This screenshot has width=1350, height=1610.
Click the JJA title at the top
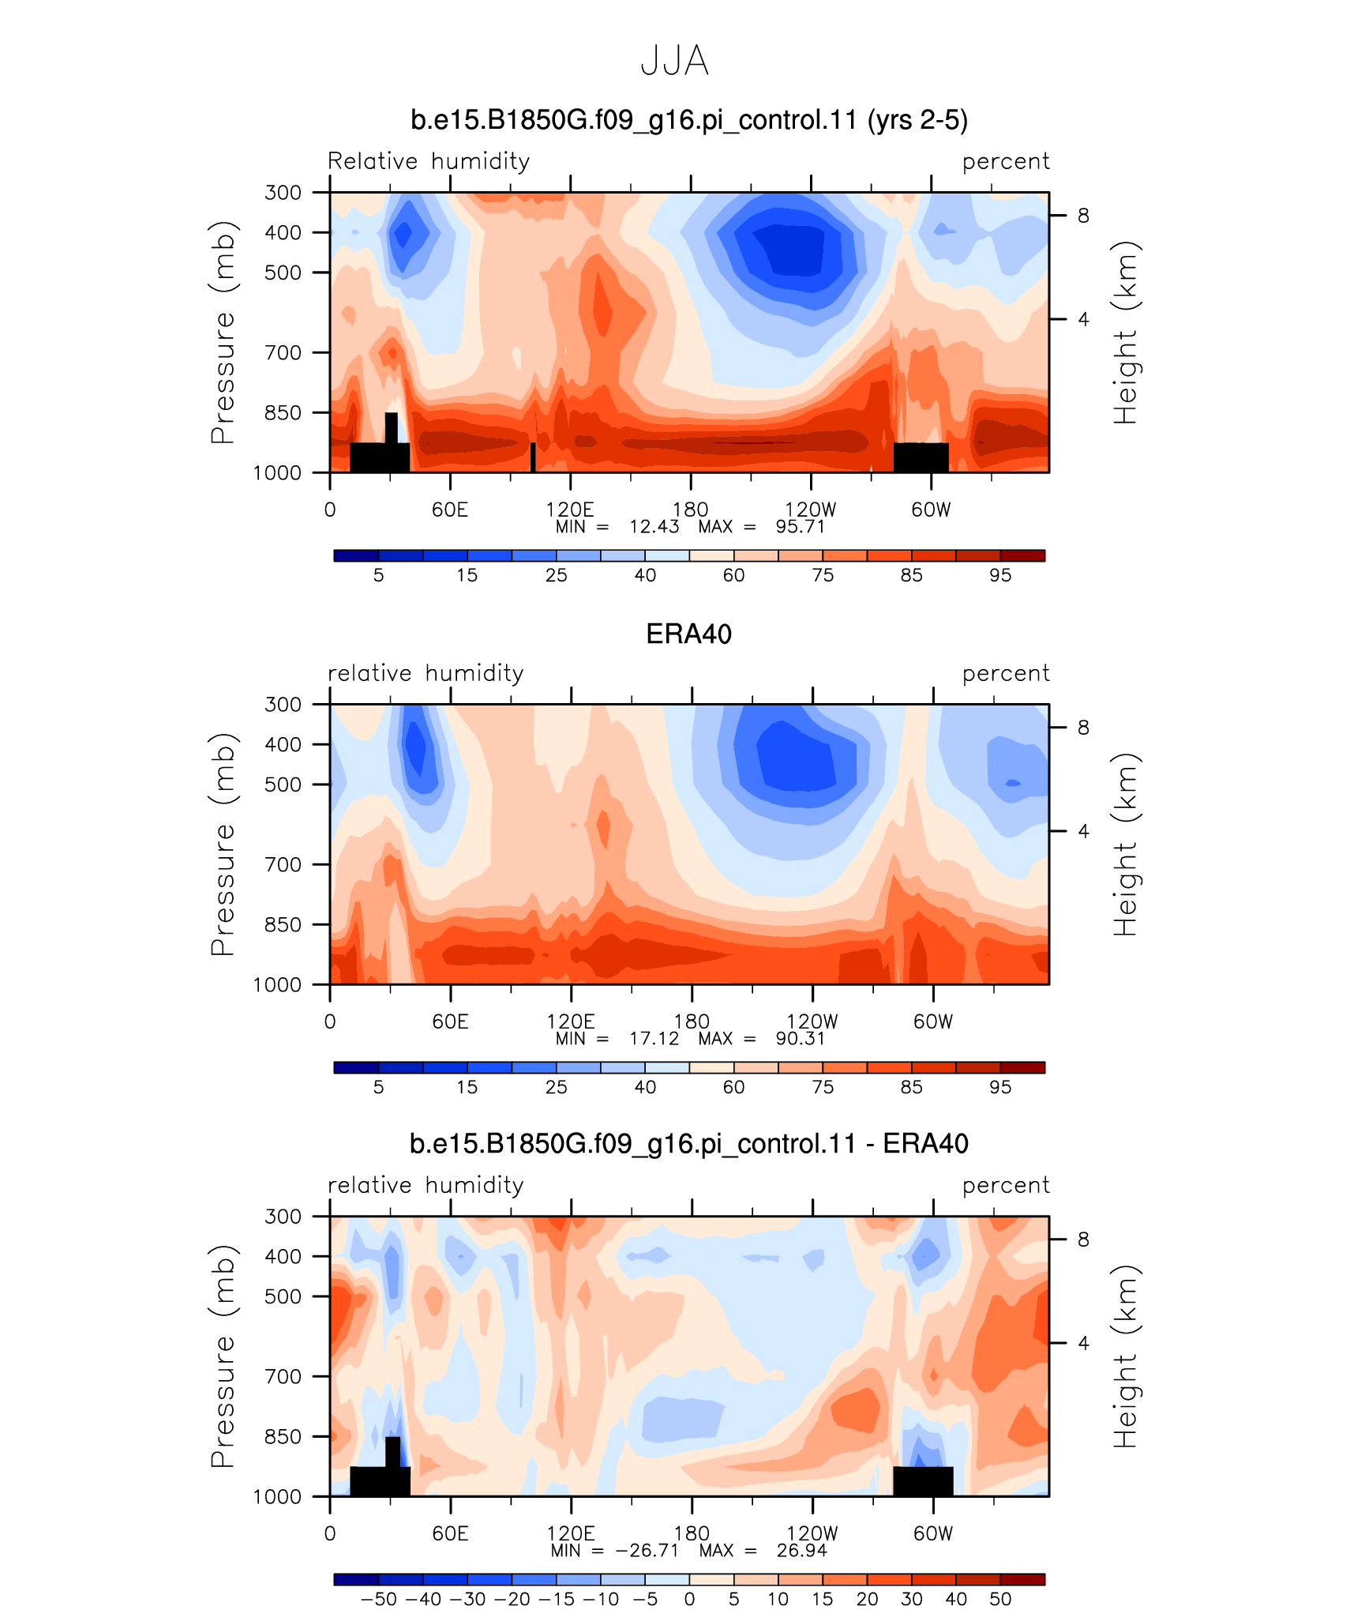click(x=674, y=61)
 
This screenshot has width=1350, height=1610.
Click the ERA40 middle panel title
click(x=688, y=634)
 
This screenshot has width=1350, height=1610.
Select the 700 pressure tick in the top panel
click(x=283, y=352)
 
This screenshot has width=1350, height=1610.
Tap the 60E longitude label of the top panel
click(x=450, y=510)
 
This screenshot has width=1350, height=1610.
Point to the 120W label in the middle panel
click(x=812, y=1021)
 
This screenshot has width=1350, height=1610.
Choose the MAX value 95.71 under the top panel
click(x=801, y=527)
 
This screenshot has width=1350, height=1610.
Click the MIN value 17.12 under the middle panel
click(x=654, y=1038)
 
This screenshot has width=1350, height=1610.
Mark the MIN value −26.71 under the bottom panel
click(x=647, y=1550)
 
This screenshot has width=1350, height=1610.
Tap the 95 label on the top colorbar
click(x=1000, y=575)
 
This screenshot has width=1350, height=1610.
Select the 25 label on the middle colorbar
click(x=556, y=1087)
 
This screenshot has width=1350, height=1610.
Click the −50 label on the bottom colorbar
click(x=378, y=1599)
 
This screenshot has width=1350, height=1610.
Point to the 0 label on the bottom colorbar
click(x=689, y=1599)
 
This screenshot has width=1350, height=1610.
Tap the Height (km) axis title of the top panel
click(x=1126, y=333)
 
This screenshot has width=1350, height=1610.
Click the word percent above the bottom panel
click(x=1006, y=1185)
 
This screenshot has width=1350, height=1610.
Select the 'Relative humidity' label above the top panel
click(x=429, y=161)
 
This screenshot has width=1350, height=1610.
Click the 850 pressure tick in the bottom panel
click(x=283, y=1436)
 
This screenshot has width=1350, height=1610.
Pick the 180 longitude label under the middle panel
click(x=692, y=1021)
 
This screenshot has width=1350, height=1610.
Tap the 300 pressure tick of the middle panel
click(x=283, y=704)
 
